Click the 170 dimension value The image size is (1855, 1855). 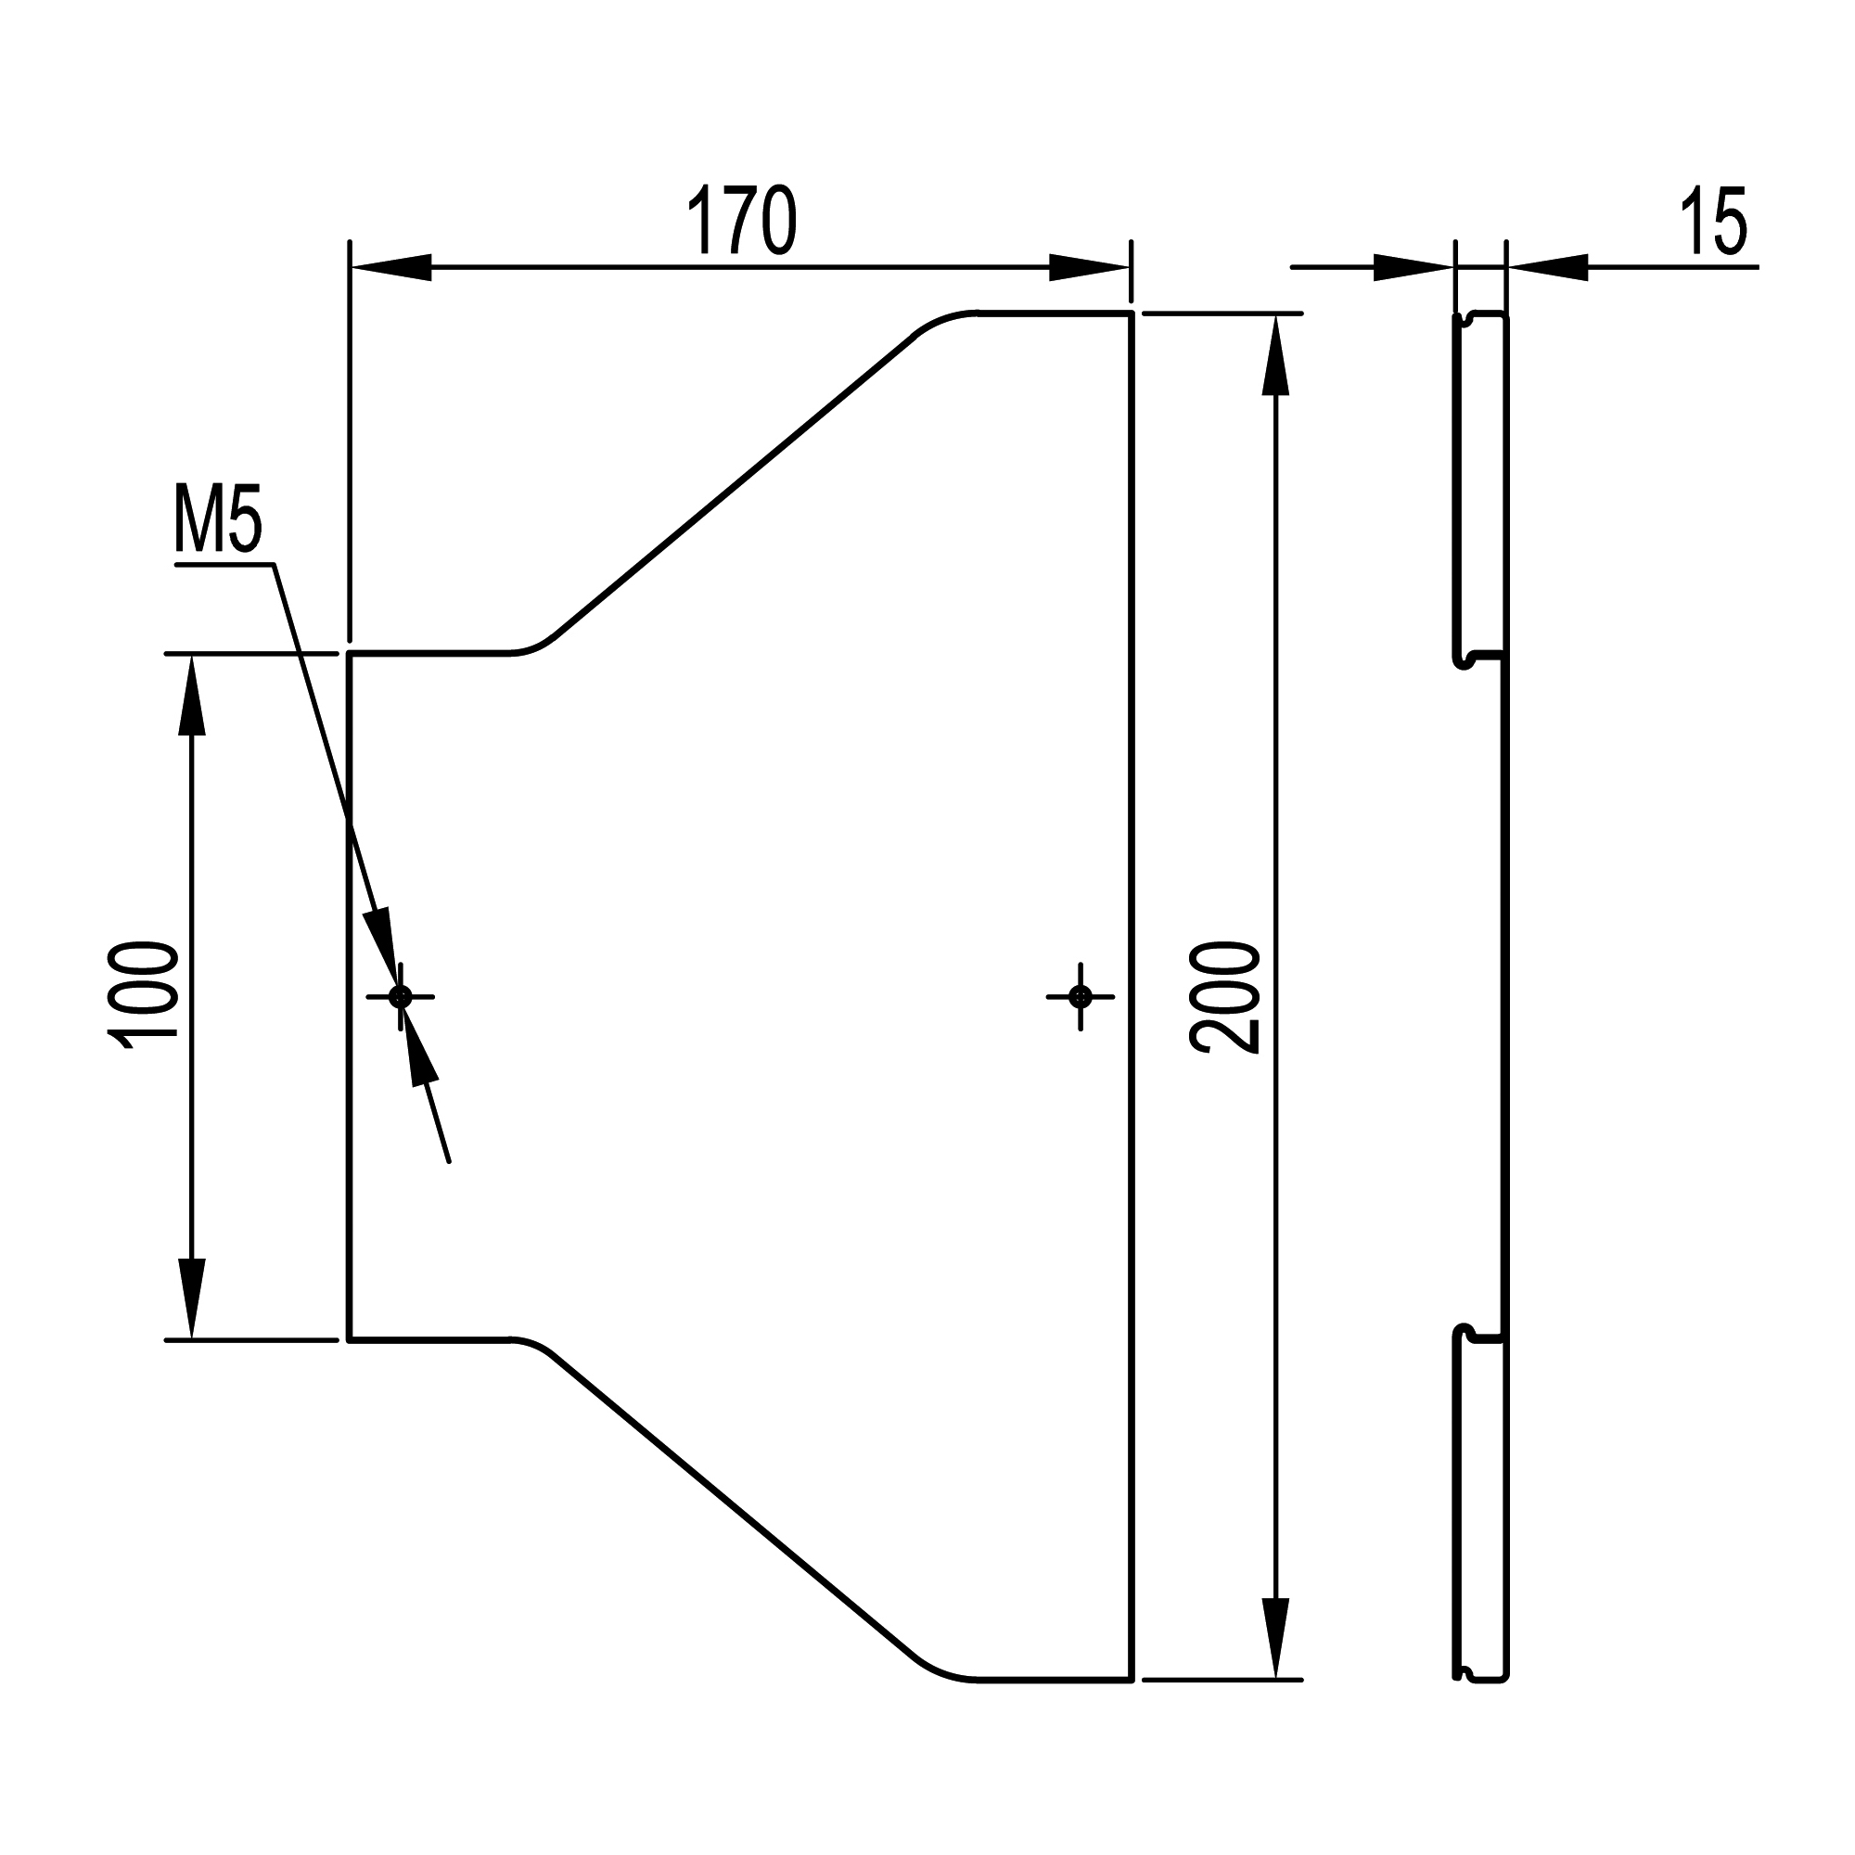(741, 221)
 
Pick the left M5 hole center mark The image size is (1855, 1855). (401, 997)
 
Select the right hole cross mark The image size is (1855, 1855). (1081, 997)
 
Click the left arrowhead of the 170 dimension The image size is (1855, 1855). (390, 268)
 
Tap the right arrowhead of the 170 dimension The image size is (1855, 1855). (1090, 268)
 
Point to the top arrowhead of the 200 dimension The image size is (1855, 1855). (1274, 354)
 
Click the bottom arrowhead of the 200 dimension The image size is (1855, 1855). (1274, 1640)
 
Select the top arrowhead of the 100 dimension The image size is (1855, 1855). (192, 695)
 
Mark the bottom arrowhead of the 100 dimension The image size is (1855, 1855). (192, 1298)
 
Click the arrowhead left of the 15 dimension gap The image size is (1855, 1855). (1414, 268)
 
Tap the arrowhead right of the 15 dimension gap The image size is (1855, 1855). (1547, 268)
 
